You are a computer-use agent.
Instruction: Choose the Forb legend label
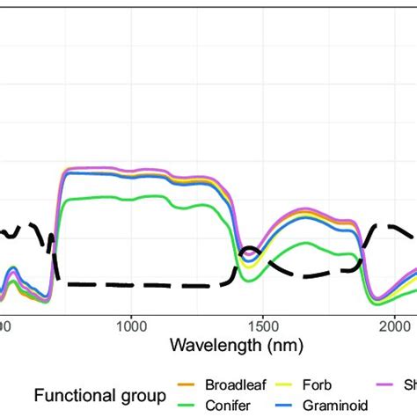[316, 384]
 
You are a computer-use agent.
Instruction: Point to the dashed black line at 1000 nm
[130, 284]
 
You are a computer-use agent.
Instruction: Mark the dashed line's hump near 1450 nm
[249, 249]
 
